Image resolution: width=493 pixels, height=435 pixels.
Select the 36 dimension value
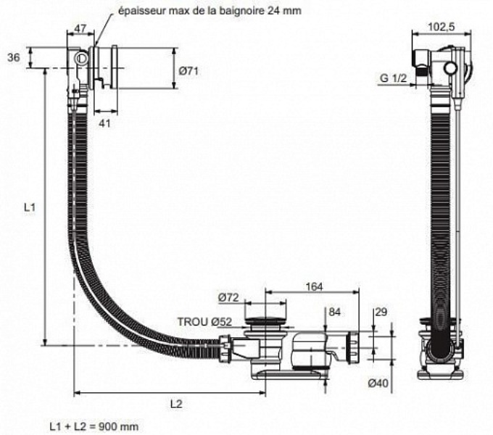[x=12, y=58]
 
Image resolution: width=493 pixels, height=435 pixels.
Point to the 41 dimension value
[x=104, y=124]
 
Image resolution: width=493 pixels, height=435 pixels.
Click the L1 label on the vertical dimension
[x=29, y=208]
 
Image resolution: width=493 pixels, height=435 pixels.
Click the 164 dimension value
[x=314, y=287]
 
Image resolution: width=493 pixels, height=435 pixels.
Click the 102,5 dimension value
[x=442, y=27]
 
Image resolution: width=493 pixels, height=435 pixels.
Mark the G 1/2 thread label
[x=392, y=78]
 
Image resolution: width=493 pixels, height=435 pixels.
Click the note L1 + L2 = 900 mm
[x=94, y=426]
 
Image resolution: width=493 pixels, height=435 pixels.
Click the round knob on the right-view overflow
[x=451, y=69]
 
